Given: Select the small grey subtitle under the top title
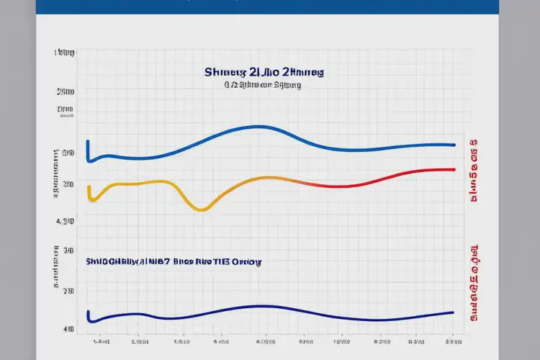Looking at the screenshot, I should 262,85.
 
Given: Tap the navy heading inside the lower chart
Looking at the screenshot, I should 173,263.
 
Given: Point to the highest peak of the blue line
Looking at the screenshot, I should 257,127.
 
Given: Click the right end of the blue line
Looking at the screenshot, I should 454,145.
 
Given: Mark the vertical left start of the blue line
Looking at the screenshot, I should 88,150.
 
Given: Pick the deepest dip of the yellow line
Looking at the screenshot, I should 202,210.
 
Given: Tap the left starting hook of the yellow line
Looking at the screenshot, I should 89,192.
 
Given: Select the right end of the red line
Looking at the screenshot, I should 454,170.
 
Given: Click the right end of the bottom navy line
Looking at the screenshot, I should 452,312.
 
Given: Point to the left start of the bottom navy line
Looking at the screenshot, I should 88,315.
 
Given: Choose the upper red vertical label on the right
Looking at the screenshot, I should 474,171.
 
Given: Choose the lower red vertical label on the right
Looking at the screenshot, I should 474,281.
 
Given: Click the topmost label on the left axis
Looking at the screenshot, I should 65,53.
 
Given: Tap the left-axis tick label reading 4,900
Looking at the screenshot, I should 66,221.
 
